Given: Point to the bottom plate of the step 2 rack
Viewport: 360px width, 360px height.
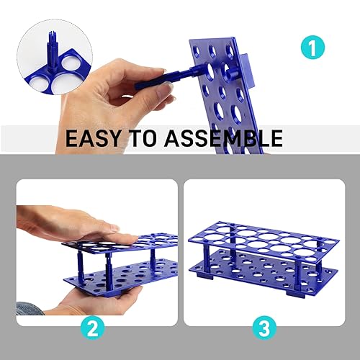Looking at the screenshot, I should (x=122, y=277).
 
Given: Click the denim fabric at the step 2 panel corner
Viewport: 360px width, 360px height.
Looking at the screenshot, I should (x=25, y=308).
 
